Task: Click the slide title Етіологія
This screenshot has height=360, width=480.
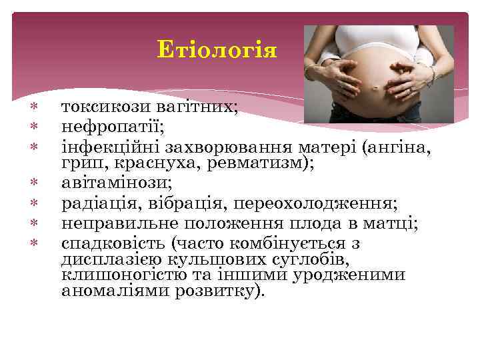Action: [217, 50]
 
